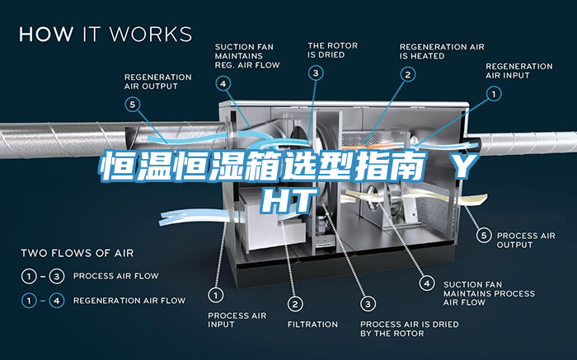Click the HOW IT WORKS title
[106, 35]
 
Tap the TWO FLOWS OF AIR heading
[77, 252]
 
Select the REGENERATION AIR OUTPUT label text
[157, 81]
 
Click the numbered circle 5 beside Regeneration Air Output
[133, 104]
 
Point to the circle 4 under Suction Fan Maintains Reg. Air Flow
[224, 82]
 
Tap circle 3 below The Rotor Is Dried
[317, 72]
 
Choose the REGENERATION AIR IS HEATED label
[442, 51]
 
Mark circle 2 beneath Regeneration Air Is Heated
[407, 74]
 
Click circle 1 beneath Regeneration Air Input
[493, 95]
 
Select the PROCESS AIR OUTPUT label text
[526, 240]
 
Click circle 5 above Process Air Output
[483, 236]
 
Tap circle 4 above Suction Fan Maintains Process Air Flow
[426, 283]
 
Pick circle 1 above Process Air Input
[216, 293]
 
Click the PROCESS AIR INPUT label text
[235, 320]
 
